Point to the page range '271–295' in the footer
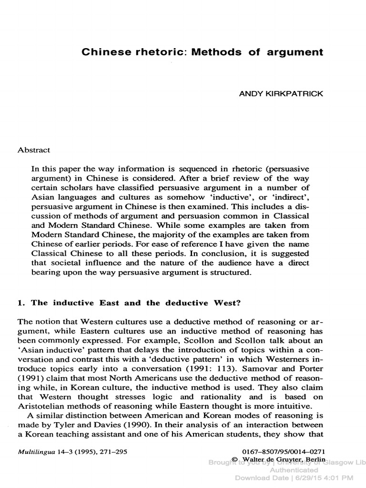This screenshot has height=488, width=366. (112, 450)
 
